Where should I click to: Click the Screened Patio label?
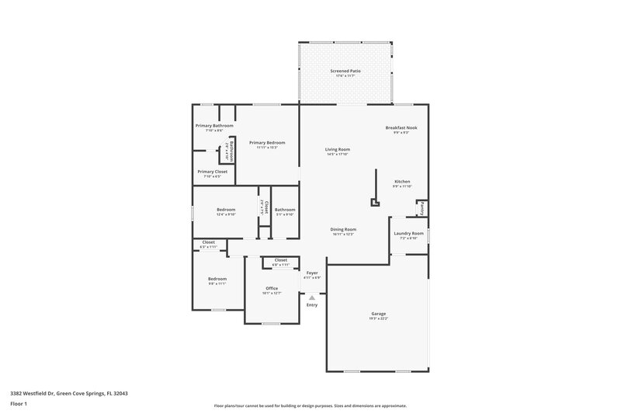point(345,71)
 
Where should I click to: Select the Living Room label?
point(338,149)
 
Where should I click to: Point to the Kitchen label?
point(401,182)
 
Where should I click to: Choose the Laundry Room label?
point(408,233)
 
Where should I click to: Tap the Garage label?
point(378,313)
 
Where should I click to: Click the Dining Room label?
point(343,229)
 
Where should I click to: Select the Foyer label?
point(312,273)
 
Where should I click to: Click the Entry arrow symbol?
point(312,297)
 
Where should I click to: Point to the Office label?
point(271,288)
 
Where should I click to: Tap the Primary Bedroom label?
point(267,143)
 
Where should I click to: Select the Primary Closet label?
point(212,172)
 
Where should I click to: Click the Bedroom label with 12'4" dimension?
point(226,210)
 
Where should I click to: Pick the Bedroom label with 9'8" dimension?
point(217,279)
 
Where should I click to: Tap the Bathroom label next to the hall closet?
point(285,210)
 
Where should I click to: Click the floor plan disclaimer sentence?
point(310,405)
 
